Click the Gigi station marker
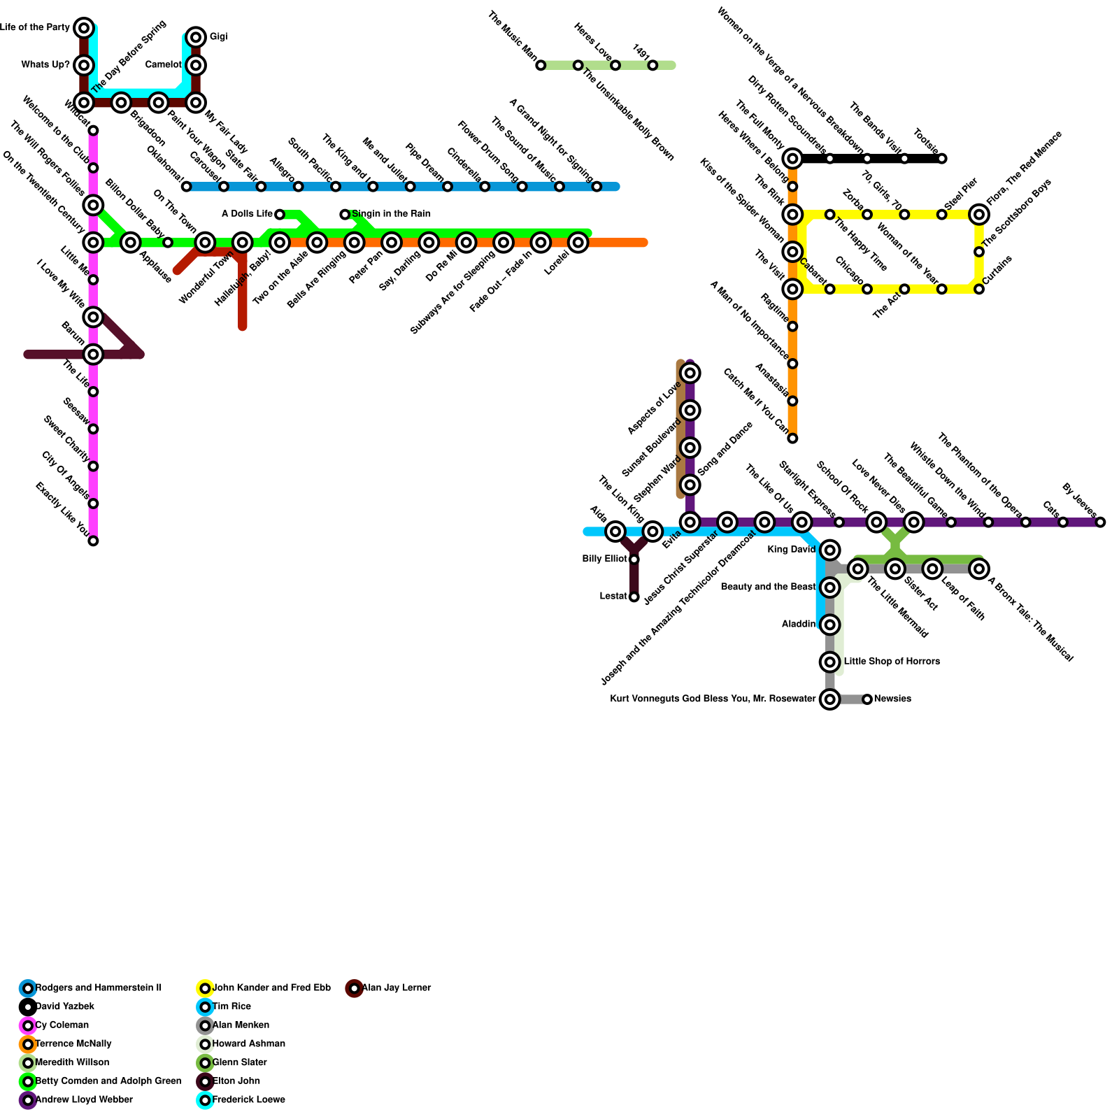click(196, 37)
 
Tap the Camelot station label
click(164, 65)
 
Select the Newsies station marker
click(867, 699)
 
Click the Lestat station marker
click(634, 597)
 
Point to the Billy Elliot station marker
click(634, 559)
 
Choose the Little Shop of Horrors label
click(892, 662)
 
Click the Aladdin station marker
click(829, 625)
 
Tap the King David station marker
click(829, 550)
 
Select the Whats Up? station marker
click(84, 65)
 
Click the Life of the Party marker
click(84, 28)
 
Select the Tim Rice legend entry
click(231, 1007)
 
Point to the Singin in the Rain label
click(391, 214)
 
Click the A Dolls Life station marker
click(280, 214)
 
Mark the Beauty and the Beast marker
click(829, 587)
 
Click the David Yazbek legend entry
click(64, 1007)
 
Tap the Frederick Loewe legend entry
click(248, 1100)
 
